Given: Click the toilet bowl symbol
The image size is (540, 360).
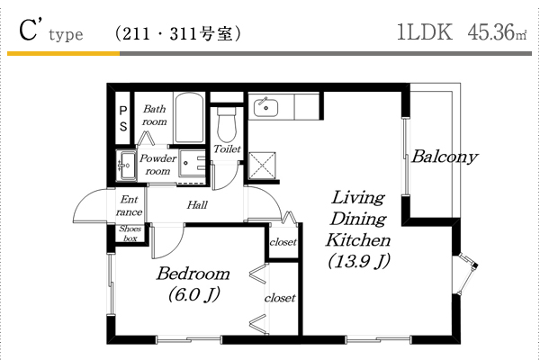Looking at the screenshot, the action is click(x=226, y=125).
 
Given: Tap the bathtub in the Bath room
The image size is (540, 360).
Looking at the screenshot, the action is click(x=189, y=118).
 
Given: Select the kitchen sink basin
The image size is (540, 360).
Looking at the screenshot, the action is click(x=265, y=107).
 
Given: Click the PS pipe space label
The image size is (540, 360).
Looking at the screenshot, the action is click(x=123, y=119).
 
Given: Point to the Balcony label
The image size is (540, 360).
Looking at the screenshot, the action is click(x=445, y=157).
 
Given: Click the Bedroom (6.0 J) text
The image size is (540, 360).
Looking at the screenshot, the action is click(x=193, y=283).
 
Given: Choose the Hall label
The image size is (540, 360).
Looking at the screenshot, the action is click(x=197, y=205).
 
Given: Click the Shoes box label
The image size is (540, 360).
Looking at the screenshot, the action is click(x=130, y=233).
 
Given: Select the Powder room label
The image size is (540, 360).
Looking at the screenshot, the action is click(x=157, y=165).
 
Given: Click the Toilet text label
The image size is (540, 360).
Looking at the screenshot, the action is click(x=227, y=148).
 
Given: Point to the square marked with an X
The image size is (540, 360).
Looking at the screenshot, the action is click(x=262, y=166).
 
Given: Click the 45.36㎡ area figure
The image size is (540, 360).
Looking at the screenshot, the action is click(x=497, y=32).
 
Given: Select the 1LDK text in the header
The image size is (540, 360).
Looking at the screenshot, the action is click(x=425, y=32).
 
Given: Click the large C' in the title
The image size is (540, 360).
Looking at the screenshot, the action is click(x=28, y=31).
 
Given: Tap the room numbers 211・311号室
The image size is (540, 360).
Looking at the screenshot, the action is click(x=177, y=34).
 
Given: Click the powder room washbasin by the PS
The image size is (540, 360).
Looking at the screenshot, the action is click(x=126, y=166).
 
